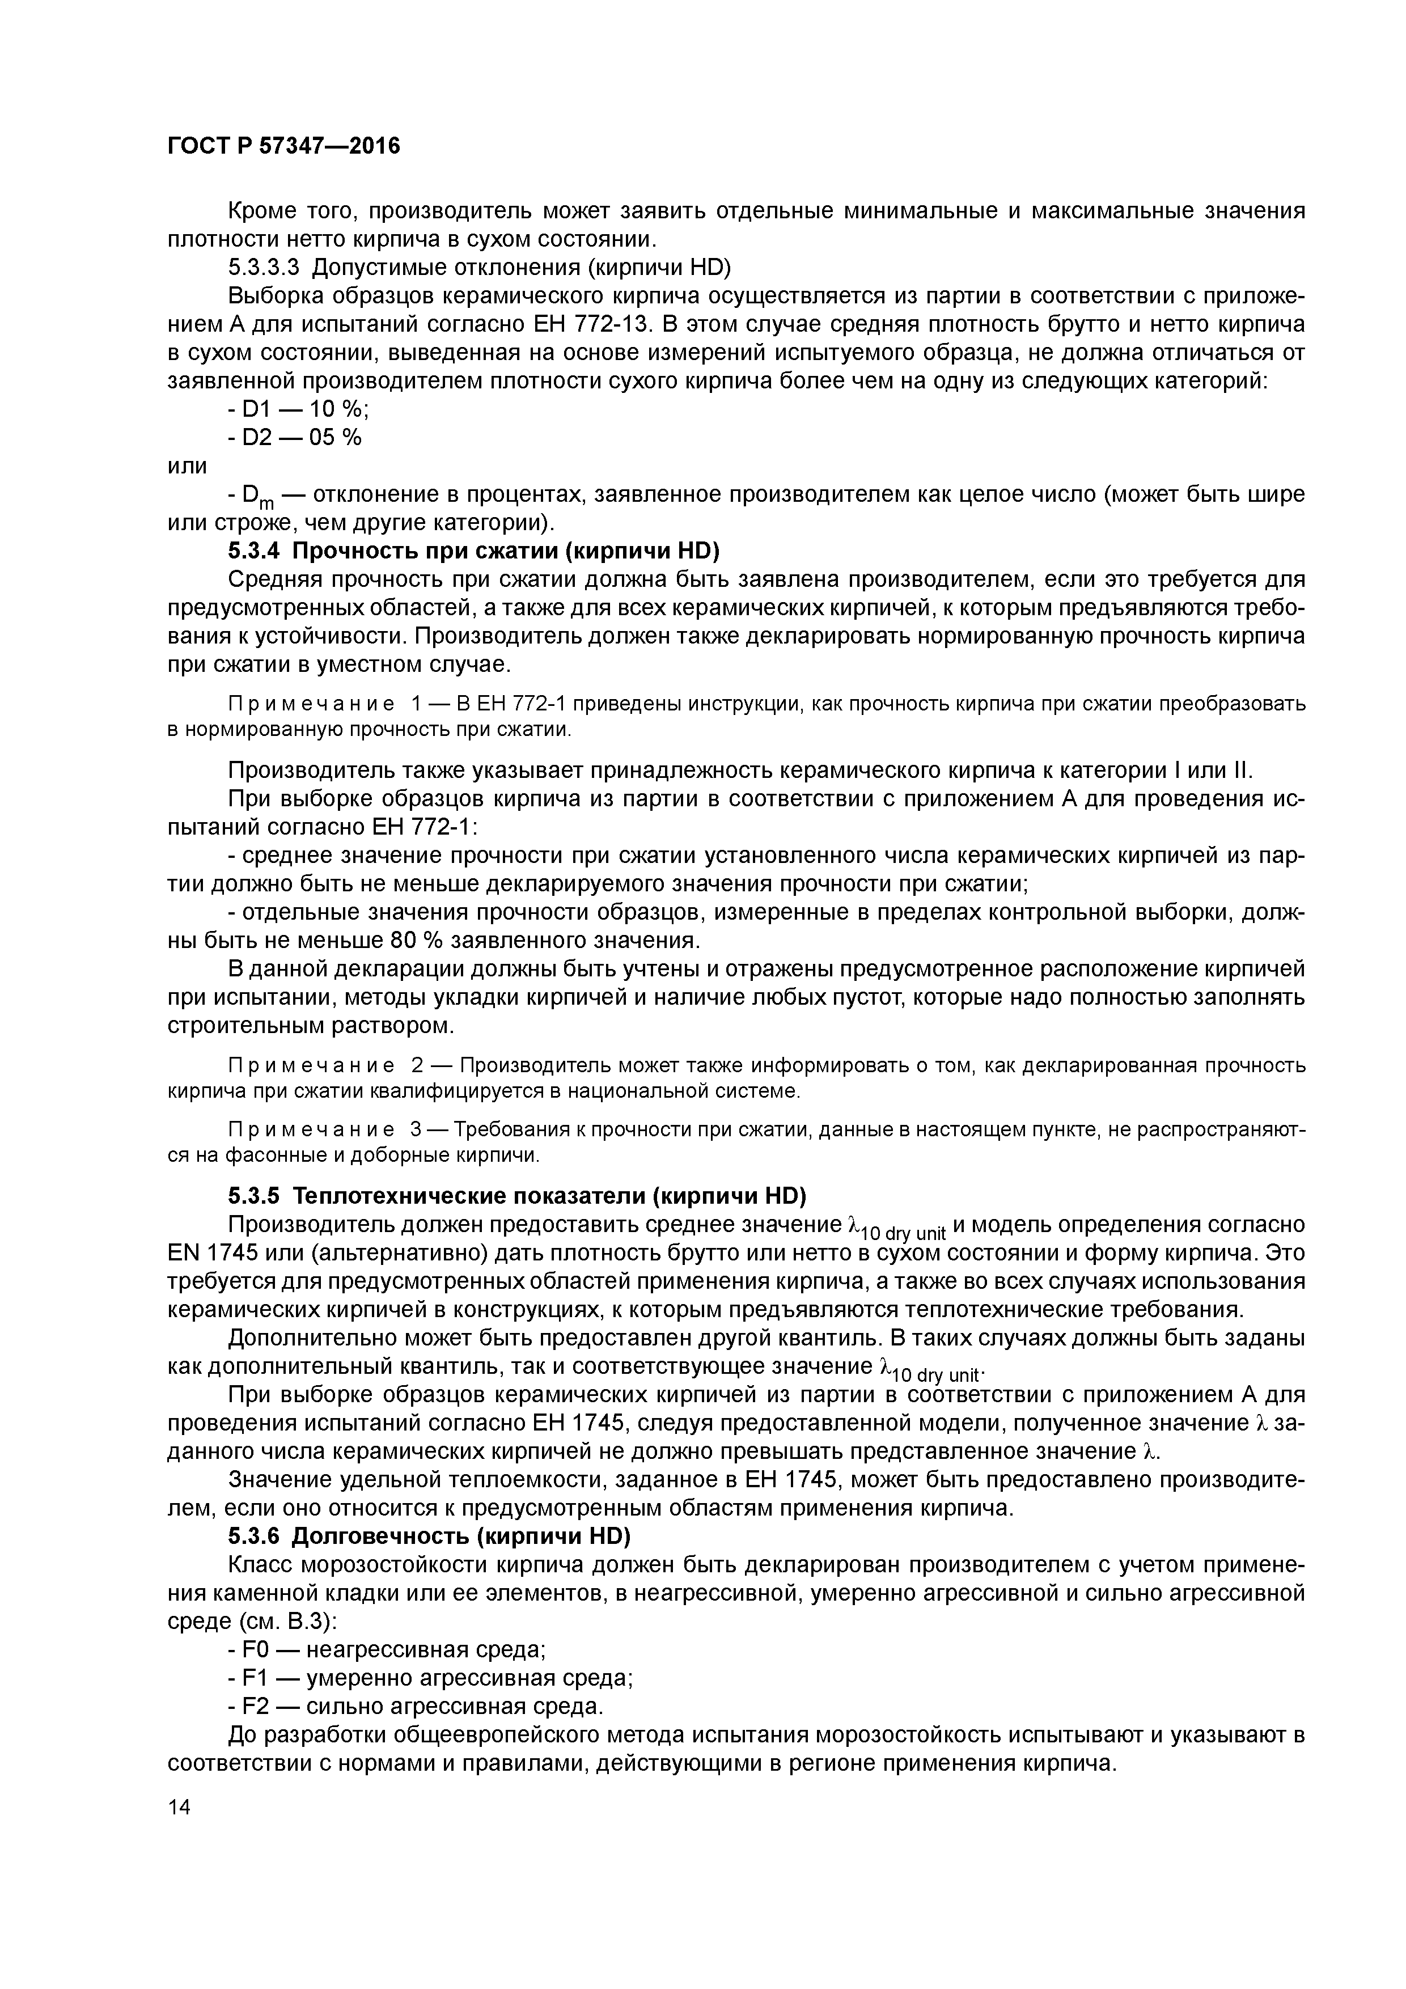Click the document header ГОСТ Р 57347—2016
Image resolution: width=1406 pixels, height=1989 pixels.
[x=283, y=146]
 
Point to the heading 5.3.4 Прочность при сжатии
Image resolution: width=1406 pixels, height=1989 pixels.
[x=474, y=551]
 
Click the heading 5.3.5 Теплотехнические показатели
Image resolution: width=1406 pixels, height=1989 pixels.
[x=516, y=1196]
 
